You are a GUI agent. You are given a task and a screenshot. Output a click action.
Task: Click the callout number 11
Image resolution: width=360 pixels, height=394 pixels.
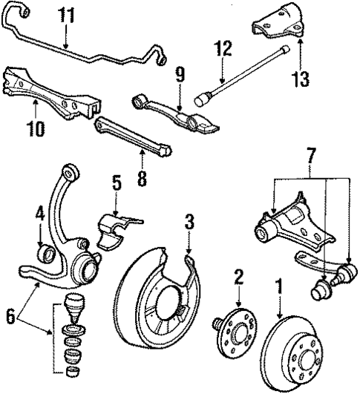pos(67,14)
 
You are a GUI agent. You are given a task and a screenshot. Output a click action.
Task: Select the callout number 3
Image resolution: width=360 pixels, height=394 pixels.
pos(189,220)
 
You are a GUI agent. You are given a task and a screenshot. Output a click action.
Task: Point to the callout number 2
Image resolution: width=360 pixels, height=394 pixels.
pos(239,276)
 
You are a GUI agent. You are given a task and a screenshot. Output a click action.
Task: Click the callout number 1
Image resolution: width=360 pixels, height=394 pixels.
pos(279,283)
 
